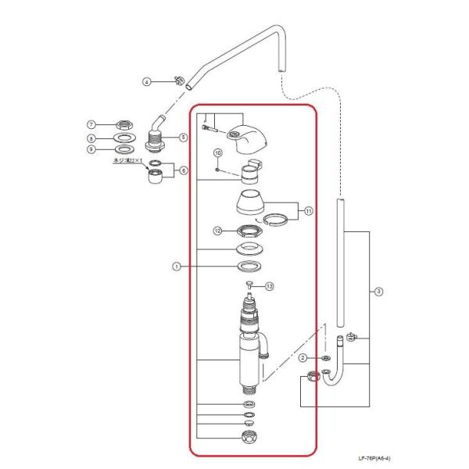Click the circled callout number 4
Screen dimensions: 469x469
click(146, 81)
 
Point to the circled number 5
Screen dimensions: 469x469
click(184, 137)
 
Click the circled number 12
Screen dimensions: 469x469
click(220, 231)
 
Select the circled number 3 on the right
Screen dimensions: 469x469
click(378, 292)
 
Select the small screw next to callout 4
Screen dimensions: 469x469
click(177, 80)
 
